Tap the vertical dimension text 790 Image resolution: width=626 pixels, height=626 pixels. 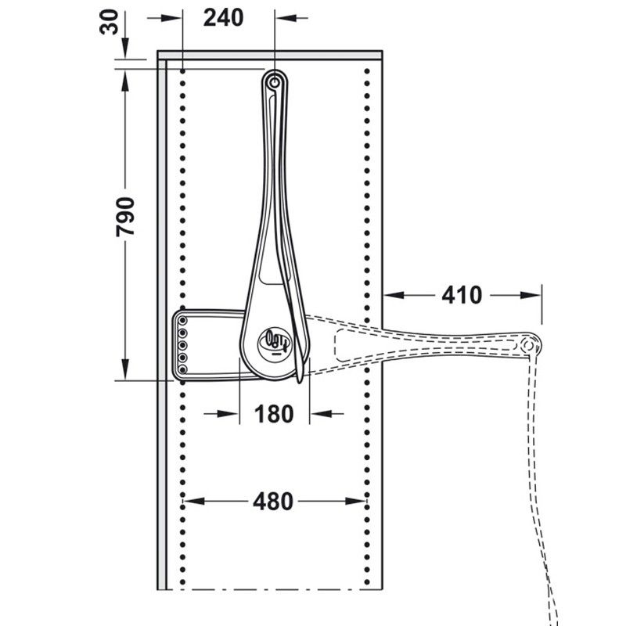click(x=126, y=217)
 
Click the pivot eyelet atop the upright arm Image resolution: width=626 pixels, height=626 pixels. click(x=274, y=81)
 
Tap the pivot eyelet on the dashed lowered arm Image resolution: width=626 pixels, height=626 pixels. click(x=528, y=344)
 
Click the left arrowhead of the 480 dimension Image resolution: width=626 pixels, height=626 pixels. click(x=191, y=500)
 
